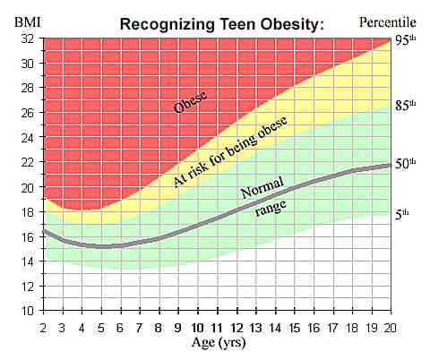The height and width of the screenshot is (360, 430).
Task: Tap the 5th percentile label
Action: (x=403, y=214)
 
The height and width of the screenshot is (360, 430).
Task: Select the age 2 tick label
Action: (x=43, y=325)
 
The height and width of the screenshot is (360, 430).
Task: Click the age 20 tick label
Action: (x=389, y=325)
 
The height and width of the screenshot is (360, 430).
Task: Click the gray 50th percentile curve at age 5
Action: (x=100, y=246)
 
